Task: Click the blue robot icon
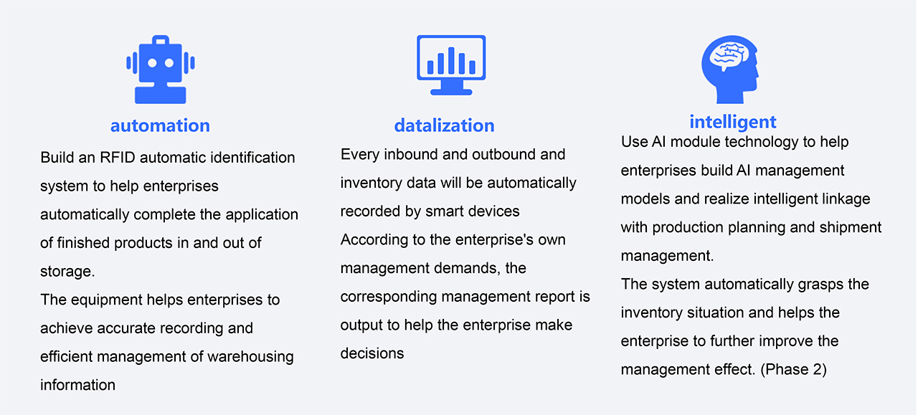(160, 70)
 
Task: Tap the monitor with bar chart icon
(451, 65)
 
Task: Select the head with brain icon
(730, 70)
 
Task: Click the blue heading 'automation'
(160, 125)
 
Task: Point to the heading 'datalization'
(444, 125)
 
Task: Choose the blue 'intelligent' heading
(733, 122)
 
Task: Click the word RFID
(118, 158)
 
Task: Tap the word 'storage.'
(67, 272)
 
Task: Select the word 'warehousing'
(250, 357)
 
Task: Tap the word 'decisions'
(372, 353)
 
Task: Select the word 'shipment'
(851, 228)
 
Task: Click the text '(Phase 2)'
(793, 370)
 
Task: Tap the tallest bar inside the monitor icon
(451, 60)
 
